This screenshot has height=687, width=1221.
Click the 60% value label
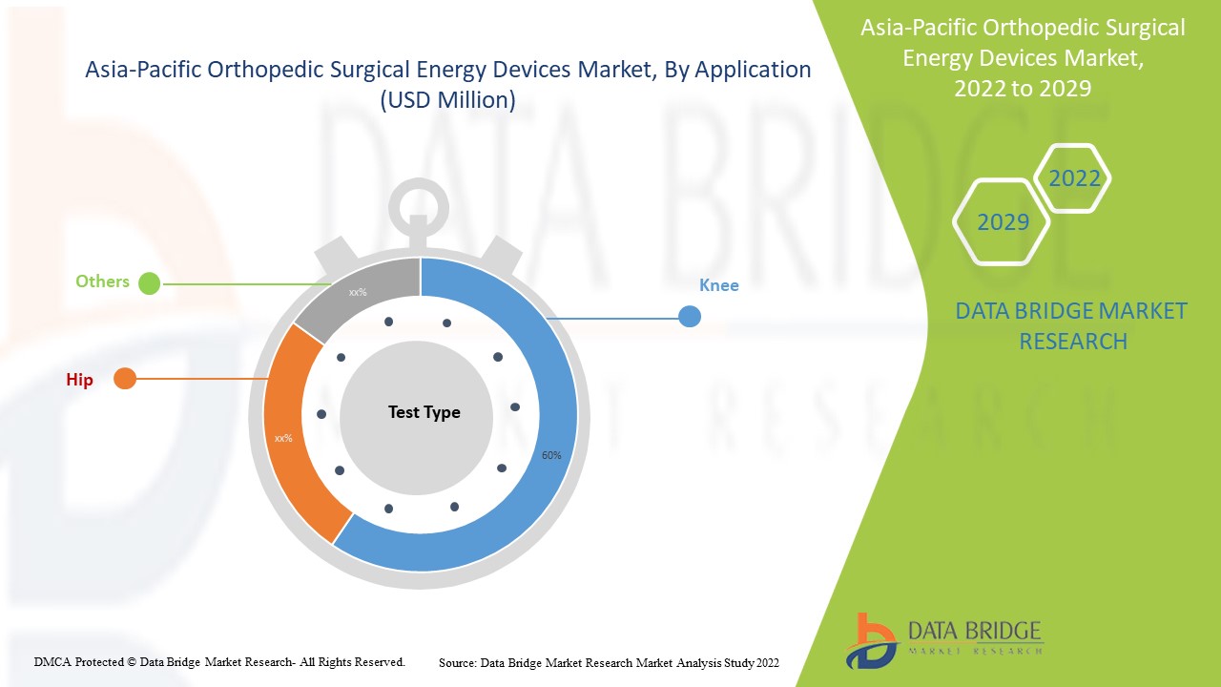click(551, 455)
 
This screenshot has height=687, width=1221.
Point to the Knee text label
click(718, 285)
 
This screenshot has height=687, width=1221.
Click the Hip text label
click(79, 380)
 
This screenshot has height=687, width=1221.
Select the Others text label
click(102, 281)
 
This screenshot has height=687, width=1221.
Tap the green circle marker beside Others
click(149, 283)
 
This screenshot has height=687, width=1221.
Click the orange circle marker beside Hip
click(125, 379)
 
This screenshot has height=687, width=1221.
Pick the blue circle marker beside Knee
click(690, 317)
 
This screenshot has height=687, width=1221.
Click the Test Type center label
click(424, 412)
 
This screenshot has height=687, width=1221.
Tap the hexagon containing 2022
click(1074, 178)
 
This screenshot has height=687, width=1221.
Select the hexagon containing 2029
click(1003, 222)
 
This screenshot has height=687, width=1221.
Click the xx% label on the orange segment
click(283, 438)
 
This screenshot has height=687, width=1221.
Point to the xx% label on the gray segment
click(358, 292)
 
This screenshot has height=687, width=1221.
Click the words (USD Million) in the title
click(447, 100)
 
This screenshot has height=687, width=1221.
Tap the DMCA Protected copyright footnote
click(219, 661)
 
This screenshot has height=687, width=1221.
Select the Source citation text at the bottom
click(609, 662)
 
